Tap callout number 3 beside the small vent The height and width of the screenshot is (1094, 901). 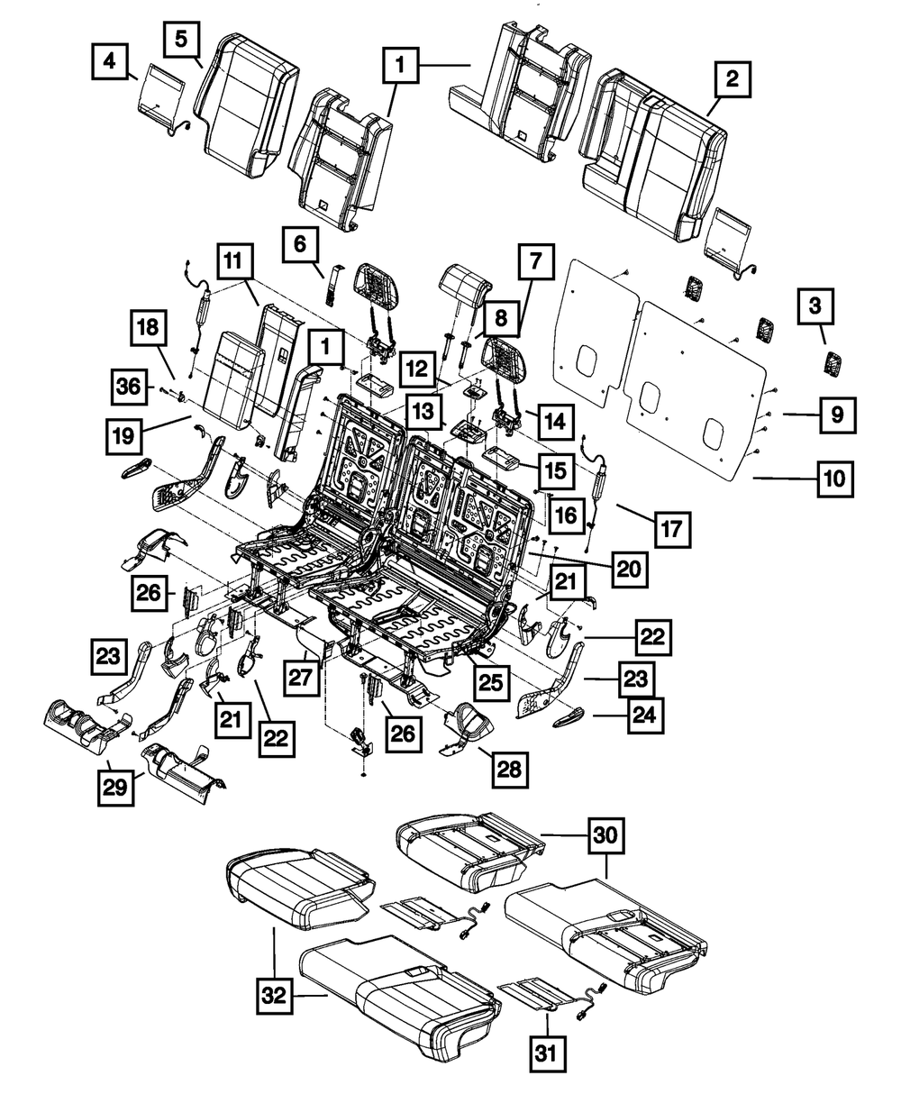pos(815,307)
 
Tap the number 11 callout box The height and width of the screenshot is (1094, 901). pos(234,263)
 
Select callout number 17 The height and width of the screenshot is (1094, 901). pos(671,529)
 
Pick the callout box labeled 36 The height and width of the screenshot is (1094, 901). pos(129,387)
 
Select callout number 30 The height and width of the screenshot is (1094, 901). pos(605,836)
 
